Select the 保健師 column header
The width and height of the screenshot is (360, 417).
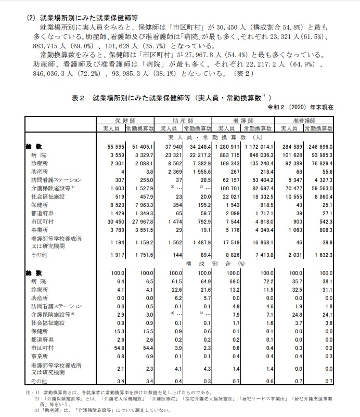[x=125, y=120]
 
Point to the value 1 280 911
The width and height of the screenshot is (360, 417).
[x=228, y=147]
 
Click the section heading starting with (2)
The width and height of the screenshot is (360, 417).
[x=78, y=17]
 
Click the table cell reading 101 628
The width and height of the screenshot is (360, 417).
[x=291, y=155]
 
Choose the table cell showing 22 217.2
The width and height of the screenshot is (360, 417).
[x=198, y=155]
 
